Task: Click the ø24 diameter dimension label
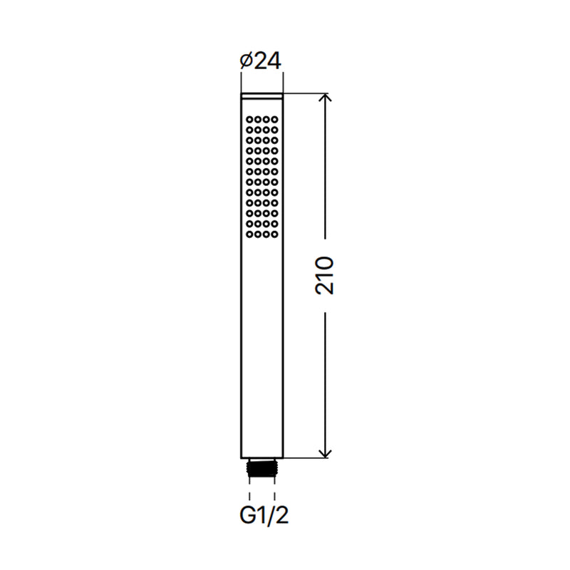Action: (x=260, y=61)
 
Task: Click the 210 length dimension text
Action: (x=325, y=276)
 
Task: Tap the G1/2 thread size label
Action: (x=264, y=515)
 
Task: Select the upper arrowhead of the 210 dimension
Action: (x=325, y=98)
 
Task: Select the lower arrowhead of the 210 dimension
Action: (x=325, y=453)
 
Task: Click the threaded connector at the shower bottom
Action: (x=261, y=468)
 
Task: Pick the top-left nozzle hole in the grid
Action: (x=250, y=119)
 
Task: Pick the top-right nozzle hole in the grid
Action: (x=274, y=119)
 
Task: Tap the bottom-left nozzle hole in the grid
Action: (x=250, y=234)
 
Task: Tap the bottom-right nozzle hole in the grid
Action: (x=274, y=234)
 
